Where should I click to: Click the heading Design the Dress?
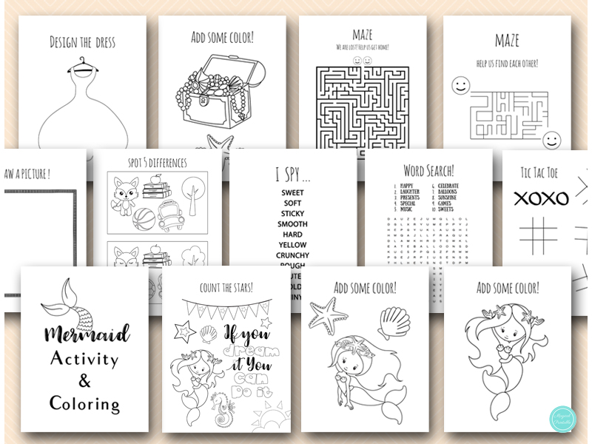tap(83, 42)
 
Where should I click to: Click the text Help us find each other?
tap(507, 63)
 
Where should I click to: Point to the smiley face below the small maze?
tap(551, 140)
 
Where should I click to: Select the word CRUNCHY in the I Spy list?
tap(293, 255)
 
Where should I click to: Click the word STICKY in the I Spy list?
tap(293, 214)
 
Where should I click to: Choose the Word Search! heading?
tap(429, 170)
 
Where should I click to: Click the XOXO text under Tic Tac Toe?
tap(541, 198)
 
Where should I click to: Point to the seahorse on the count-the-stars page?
tap(222, 408)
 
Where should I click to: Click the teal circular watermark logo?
tap(562, 420)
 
